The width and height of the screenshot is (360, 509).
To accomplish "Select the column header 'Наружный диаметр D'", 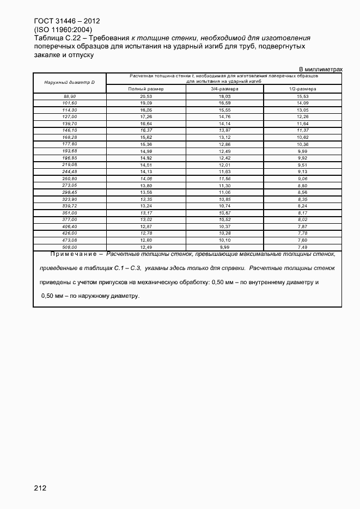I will tap(70, 82).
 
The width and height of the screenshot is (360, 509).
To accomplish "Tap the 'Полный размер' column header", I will tap(145, 89).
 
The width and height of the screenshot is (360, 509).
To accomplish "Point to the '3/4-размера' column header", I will tap(224, 89).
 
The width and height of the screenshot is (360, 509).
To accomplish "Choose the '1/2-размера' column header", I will tap(302, 89).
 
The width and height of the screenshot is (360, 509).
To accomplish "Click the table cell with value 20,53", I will tap(145, 96).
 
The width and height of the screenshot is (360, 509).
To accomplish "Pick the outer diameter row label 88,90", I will tap(70, 96).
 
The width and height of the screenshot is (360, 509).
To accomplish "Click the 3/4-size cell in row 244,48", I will tap(224, 171).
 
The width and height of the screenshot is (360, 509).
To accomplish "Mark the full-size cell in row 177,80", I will tap(145, 144).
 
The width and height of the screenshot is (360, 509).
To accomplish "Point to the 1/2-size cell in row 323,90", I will tap(302, 199).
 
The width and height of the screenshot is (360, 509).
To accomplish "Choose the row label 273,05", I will tap(70, 185).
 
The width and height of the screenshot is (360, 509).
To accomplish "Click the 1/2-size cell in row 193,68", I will tap(302, 151).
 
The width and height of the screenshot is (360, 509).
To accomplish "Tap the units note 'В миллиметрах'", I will tap(321, 69).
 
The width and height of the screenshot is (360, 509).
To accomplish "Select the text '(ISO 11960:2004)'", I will tap(63, 29).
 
